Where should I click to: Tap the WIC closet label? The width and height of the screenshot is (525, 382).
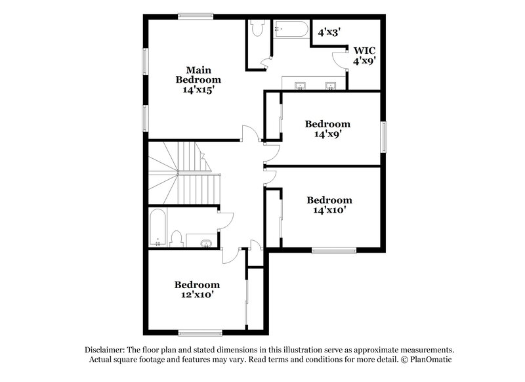364,50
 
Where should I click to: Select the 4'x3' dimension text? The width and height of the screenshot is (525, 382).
330,32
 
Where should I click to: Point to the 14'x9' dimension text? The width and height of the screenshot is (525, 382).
327,134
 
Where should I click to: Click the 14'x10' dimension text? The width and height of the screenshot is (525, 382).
329,211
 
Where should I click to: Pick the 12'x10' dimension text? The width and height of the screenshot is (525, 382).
197,295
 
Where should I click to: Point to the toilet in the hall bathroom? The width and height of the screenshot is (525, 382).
177,238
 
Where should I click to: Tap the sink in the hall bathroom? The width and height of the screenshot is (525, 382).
206,244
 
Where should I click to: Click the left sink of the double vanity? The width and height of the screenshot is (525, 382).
301,85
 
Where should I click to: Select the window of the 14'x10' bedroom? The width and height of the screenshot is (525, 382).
333,249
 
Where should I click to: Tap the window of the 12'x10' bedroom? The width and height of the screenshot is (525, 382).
198,333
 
